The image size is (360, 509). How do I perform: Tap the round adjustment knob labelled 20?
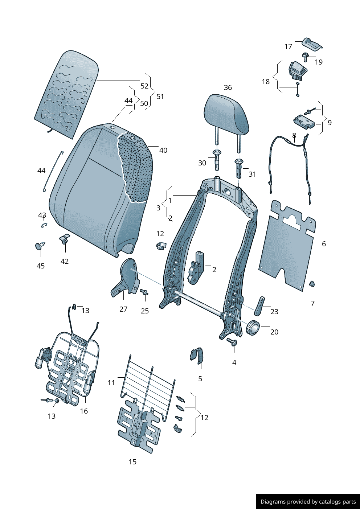tap(253, 328)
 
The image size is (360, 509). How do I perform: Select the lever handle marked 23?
tap(260, 306)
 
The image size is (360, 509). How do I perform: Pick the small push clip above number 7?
tap(312, 284)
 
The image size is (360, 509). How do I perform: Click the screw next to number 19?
tap(305, 56)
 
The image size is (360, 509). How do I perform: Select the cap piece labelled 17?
tap(312, 44)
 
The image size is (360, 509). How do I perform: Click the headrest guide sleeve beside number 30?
tap(217, 160)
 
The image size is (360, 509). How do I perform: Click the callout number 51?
tap(160, 97)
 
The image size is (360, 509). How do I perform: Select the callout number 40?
tap(163, 150)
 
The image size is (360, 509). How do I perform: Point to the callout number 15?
tap(132, 462)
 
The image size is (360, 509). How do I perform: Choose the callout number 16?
tap(84, 411)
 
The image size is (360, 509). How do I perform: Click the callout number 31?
tap(252, 174)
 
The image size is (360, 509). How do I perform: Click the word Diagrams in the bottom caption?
tap(273, 502)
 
